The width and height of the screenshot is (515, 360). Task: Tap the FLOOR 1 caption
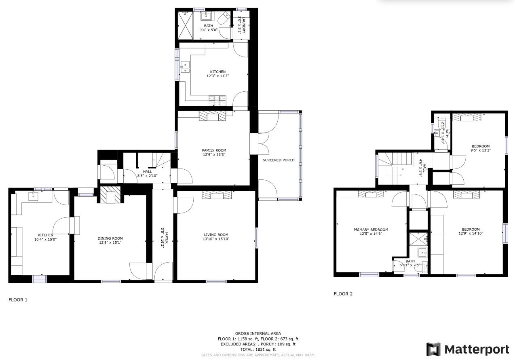(x=18, y=300)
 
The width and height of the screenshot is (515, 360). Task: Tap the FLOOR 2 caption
(x=343, y=294)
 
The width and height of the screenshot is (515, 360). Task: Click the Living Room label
(x=216, y=235)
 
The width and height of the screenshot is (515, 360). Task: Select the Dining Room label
(x=110, y=238)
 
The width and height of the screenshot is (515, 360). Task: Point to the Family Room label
(x=214, y=150)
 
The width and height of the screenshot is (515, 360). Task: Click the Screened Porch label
(x=279, y=160)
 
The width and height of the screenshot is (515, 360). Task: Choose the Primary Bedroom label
(x=371, y=229)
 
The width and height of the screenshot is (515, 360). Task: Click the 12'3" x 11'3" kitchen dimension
(x=217, y=76)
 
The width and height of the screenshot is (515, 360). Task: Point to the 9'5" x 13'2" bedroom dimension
(x=481, y=150)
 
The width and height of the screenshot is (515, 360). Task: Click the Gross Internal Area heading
(x=258, y=333)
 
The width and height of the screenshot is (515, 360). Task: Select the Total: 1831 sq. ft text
(x=258, y=349)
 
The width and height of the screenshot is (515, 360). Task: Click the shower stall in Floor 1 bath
(x=186, y=25)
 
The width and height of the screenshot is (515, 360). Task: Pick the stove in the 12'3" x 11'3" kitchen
(x=218, y=98)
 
